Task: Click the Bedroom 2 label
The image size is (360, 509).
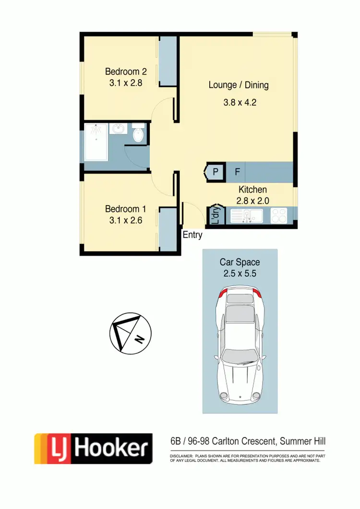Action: tap(126, 72)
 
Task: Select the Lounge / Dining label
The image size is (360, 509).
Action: tap(239, 85)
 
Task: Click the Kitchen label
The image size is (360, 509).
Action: tap(252, 190)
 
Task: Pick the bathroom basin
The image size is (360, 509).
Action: tap(118, 129)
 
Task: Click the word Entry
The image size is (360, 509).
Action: tap(192, 235)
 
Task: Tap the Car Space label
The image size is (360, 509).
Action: tap(240, 262)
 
